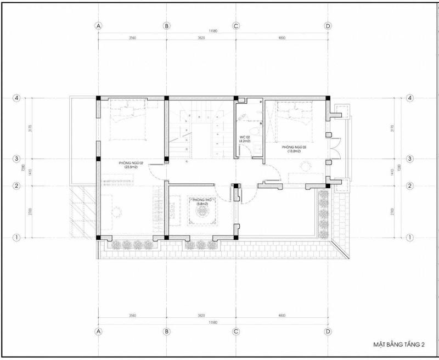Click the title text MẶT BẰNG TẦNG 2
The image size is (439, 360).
click(399, 344)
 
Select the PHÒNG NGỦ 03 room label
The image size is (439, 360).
click(295, 147)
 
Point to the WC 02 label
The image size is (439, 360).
click(245, 137)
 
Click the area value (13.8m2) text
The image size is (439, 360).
click(295, 151)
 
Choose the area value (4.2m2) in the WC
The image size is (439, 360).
click(245, 142)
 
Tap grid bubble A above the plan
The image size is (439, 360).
click(98, 26)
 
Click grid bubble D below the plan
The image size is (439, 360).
click(328, 331)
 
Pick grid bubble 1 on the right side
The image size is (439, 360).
click(409, 238)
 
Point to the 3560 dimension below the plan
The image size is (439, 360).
click(132, 316)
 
